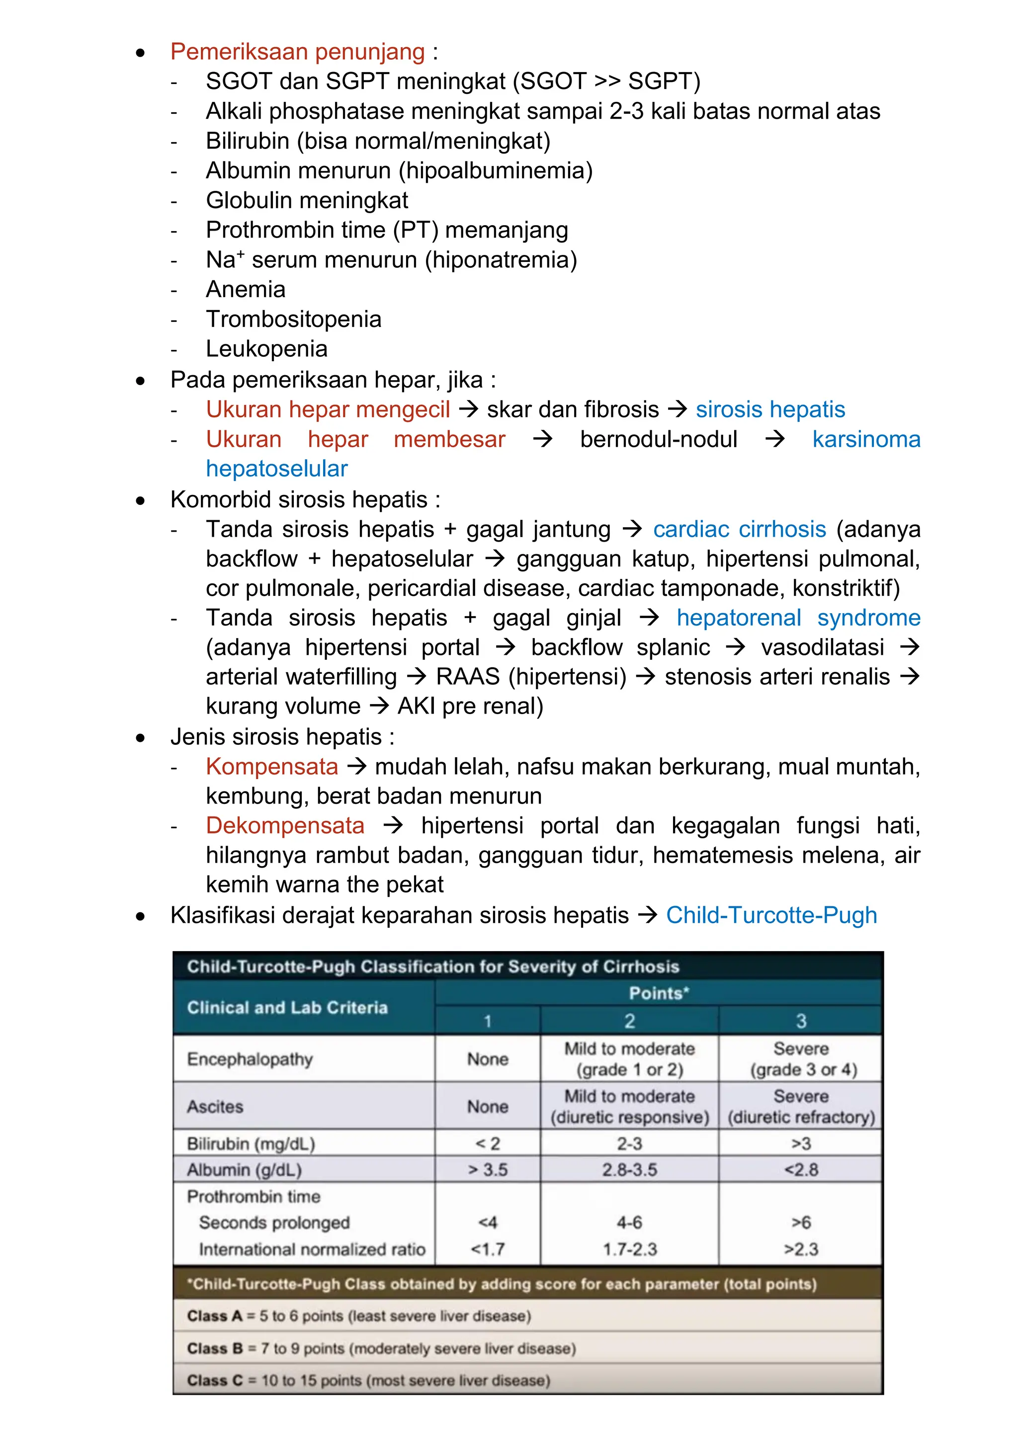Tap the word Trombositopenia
click(293, 319)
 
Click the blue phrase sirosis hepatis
click(770, 409)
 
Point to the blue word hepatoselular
click(276, 469)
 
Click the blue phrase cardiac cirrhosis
click(739, 529)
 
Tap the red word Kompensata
click(271, 766)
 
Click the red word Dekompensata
click(285, 825)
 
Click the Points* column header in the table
click(658, 993)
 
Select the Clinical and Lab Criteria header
click(287, 1007)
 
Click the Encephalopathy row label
click(250, 1059)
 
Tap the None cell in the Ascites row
click(487, 1107)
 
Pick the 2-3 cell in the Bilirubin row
click(629, 1144)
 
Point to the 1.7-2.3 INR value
click(629, 1250)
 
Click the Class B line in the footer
click(381, 1349)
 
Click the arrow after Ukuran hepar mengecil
click(468, 410)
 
